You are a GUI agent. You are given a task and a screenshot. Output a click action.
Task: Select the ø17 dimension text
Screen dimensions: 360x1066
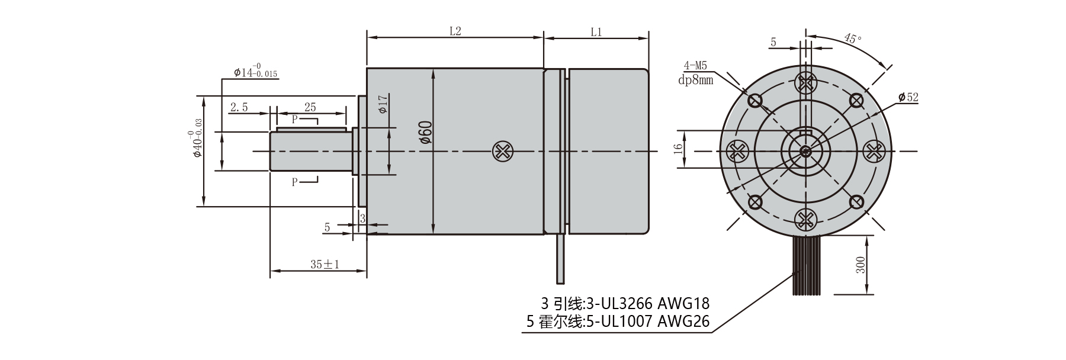(383, 104)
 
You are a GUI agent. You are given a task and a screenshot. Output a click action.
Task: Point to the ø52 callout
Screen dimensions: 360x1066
(908, 97)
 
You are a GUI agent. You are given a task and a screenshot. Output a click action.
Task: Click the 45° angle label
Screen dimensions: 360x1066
(853, 39)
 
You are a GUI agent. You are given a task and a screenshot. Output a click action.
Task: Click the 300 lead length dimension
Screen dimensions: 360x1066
(860, 264)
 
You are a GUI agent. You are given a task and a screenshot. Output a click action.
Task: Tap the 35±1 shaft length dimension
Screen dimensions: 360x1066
(325, 264)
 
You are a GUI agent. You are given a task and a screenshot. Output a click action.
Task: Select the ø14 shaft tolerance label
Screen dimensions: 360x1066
(255, 72)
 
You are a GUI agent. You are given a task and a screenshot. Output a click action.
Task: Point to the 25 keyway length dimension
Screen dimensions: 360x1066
(310, 107)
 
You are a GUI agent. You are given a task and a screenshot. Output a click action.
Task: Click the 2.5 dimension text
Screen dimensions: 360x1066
(239, 107)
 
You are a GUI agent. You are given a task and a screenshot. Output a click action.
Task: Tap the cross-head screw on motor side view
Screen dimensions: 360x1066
(502, 152)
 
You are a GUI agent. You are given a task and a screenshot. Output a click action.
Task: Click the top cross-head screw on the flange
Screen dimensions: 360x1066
(805, 83)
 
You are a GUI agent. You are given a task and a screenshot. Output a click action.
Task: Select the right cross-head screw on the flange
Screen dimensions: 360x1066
(874, 152)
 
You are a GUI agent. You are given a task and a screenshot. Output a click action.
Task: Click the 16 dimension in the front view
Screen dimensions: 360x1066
(679, 148)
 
